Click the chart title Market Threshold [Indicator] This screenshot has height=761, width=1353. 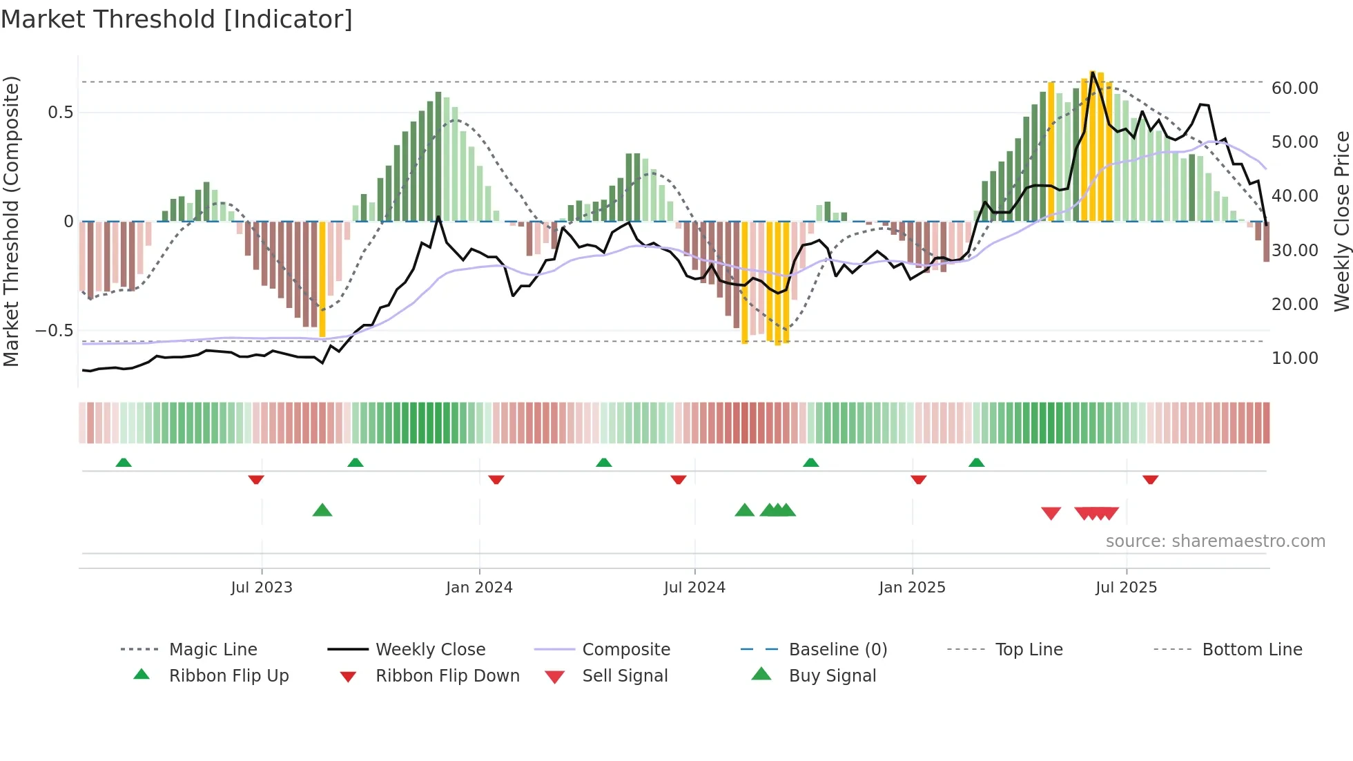(x=177, y=19)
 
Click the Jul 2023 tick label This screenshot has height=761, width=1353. (x=262, y=588)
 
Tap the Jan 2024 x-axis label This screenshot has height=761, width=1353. (x=479, y=588)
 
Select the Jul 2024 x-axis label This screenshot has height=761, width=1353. (x=694, y=588)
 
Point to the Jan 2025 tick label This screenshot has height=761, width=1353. (x=912, y=588)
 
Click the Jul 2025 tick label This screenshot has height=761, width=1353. (x=1126, y=588)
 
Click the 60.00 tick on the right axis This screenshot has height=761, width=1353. (x=1294, y=88)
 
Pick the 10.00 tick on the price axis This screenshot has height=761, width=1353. (x=1294, y=358)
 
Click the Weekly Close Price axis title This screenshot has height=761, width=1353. (x=1341, y=221)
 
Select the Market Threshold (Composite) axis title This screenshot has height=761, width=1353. (x=11, y=221)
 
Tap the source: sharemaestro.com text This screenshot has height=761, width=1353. (x=1215, y=541)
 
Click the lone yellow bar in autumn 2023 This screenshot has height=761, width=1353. (x=322, y=279)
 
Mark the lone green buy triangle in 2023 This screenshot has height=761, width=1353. (x=322, y=510)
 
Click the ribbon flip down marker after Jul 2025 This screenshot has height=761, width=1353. (x=1150, y=479)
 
